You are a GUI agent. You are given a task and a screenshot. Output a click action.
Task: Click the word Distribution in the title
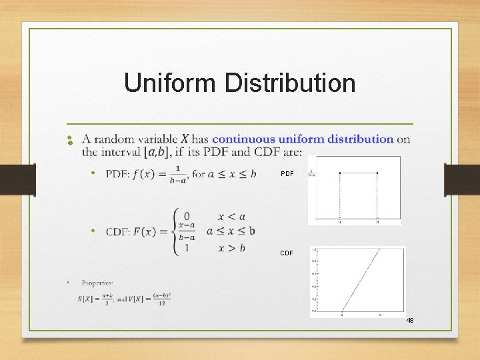coord(290,83)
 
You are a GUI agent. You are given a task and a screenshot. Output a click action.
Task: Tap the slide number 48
coord(409,321)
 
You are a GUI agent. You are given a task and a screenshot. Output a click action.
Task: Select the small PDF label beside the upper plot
coord(287,174)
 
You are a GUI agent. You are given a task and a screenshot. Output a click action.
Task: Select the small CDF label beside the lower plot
coord(286,253)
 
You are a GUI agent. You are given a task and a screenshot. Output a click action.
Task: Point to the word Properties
coord(97,283)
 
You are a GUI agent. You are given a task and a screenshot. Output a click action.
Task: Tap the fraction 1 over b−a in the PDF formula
coord(177,175)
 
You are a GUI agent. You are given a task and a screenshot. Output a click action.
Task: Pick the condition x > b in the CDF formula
coord(231,248)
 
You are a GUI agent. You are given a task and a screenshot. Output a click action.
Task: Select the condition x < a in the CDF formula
coord(231,217)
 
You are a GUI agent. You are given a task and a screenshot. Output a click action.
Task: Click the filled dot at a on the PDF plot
coord(340,173)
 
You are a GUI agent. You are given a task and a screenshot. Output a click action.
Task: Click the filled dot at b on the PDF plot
coord(377,173)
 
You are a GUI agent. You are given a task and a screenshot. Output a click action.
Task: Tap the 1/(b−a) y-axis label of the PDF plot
coord(312,174)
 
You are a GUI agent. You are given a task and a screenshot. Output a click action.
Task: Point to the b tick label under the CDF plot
coord(380,314)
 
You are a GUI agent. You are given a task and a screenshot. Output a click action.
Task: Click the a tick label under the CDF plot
coord(342,314)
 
